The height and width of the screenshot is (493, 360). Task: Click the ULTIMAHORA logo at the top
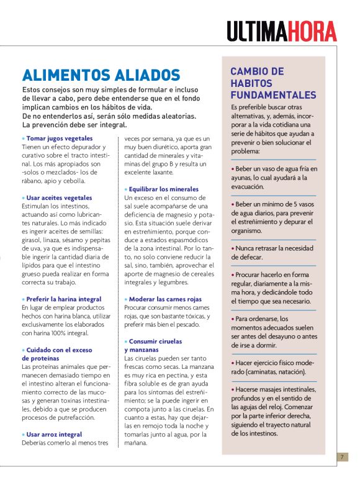pyautogui.click(x=281, y=31)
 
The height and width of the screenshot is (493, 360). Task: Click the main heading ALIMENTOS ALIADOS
pyautogui.click(x=101, y=76)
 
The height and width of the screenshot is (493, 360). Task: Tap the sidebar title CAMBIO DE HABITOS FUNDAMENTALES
pyautogui.click(x=273, y=83)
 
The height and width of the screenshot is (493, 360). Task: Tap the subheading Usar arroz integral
pyautogui.click(x=54, y=434)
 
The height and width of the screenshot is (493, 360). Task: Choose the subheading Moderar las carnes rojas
pyautogui.click(x=163, y=299)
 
